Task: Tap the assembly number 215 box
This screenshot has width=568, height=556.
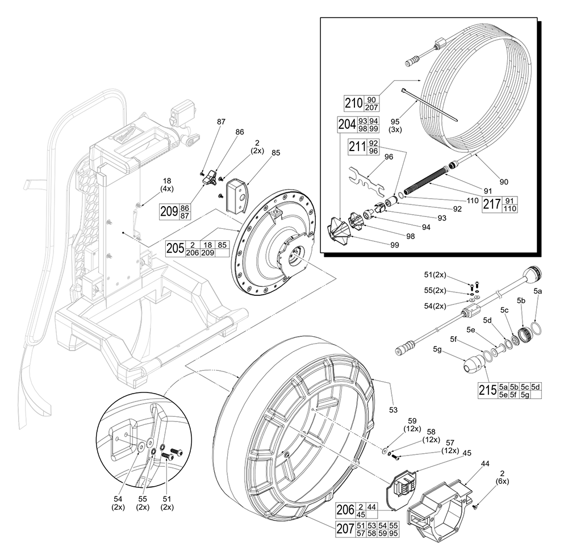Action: (x=487, y=390)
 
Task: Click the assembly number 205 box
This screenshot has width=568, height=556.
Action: (x=176, y=248)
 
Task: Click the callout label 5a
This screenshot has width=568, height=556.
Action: (x=539, y=291)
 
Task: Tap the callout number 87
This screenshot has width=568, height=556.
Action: (x=220, y=122)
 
